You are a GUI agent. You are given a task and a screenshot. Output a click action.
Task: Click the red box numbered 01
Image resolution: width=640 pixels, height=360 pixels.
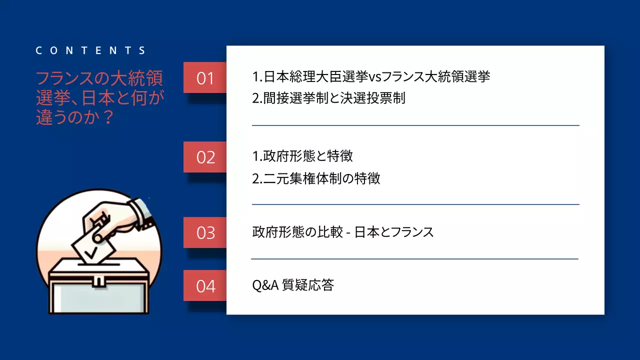[205, 78]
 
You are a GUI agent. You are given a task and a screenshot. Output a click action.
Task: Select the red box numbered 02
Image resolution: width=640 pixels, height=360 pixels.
[205, 157]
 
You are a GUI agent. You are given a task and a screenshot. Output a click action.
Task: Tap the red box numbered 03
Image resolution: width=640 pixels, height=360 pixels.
[205, 232]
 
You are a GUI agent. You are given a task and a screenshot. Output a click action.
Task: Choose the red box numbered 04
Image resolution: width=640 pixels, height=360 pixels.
[205, 285]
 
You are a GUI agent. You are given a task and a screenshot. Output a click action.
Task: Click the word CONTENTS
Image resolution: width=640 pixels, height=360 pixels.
[91, 50]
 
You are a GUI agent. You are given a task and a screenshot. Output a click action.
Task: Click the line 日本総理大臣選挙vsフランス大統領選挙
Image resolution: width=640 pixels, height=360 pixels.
[371, 76]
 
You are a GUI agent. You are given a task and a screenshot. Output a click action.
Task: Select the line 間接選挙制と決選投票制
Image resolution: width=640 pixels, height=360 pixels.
[328, 98]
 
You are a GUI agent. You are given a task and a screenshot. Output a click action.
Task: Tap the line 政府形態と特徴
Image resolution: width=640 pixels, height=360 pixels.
[302, 156]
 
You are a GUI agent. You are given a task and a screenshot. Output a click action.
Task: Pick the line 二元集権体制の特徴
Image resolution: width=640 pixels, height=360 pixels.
[316, 178]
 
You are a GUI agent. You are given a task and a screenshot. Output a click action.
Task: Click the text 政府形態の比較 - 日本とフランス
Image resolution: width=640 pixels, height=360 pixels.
[342, 232]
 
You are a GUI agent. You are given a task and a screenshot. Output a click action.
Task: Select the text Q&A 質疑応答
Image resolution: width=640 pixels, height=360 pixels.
[293, 285]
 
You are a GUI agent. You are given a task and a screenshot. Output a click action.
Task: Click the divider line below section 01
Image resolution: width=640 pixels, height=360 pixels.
[415, 125]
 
